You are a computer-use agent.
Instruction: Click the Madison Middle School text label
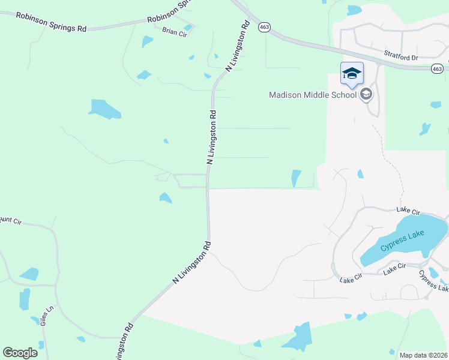point(312,95)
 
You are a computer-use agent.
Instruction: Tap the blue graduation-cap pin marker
point(352,74)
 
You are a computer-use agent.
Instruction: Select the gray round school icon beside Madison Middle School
point(366,94)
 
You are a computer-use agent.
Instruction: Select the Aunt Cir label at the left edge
point(11,221)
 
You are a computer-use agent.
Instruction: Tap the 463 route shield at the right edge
point(438,69)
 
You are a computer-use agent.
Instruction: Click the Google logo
point(20,353)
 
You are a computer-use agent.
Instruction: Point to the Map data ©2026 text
point(423,355)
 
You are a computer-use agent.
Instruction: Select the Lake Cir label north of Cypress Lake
point(408,211)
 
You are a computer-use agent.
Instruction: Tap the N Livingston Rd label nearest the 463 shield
point(238,47)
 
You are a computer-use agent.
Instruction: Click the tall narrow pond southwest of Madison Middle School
point(296,178)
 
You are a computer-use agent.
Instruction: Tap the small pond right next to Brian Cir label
point(188,28)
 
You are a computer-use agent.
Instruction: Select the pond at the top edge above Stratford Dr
point(354,10)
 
